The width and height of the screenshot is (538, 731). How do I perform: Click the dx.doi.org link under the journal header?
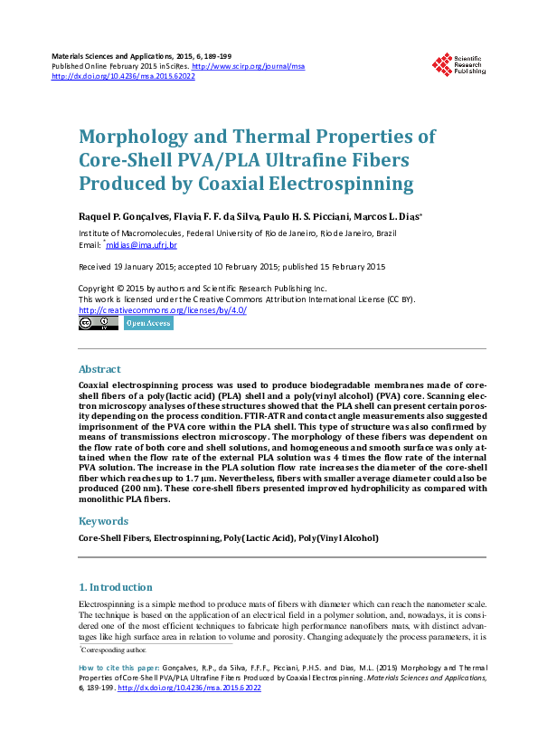pos(124,76)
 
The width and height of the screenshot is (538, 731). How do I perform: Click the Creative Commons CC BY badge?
pos(99,323)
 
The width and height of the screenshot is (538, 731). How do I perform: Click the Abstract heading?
pos(99,369)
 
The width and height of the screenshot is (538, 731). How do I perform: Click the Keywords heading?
pos(104,521)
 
